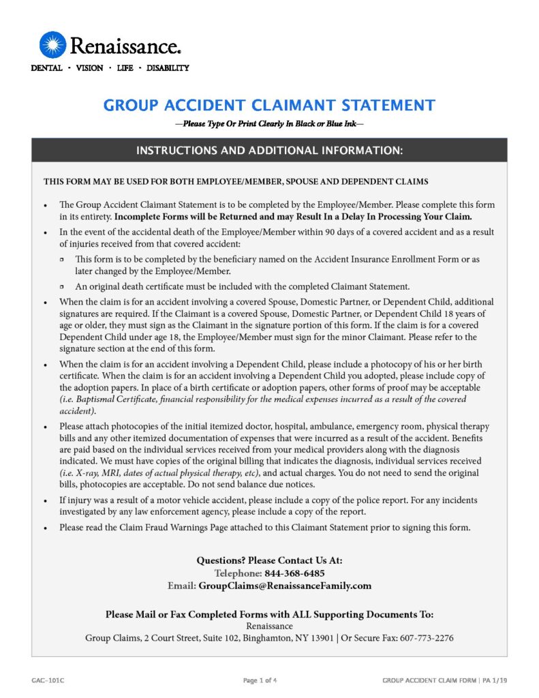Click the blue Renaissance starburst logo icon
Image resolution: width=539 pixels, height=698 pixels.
53,45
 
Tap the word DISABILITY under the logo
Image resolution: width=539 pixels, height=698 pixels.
168,68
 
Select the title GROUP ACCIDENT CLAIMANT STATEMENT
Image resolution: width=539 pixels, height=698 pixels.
269,106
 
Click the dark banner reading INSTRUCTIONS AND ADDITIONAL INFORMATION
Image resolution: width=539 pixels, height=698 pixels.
269,150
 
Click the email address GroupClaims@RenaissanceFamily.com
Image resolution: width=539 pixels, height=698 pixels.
285,586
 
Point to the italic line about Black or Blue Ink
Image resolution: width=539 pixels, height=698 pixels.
269,124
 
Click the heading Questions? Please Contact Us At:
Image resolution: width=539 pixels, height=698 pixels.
269,560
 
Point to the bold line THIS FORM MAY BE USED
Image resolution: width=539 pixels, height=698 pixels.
236,182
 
